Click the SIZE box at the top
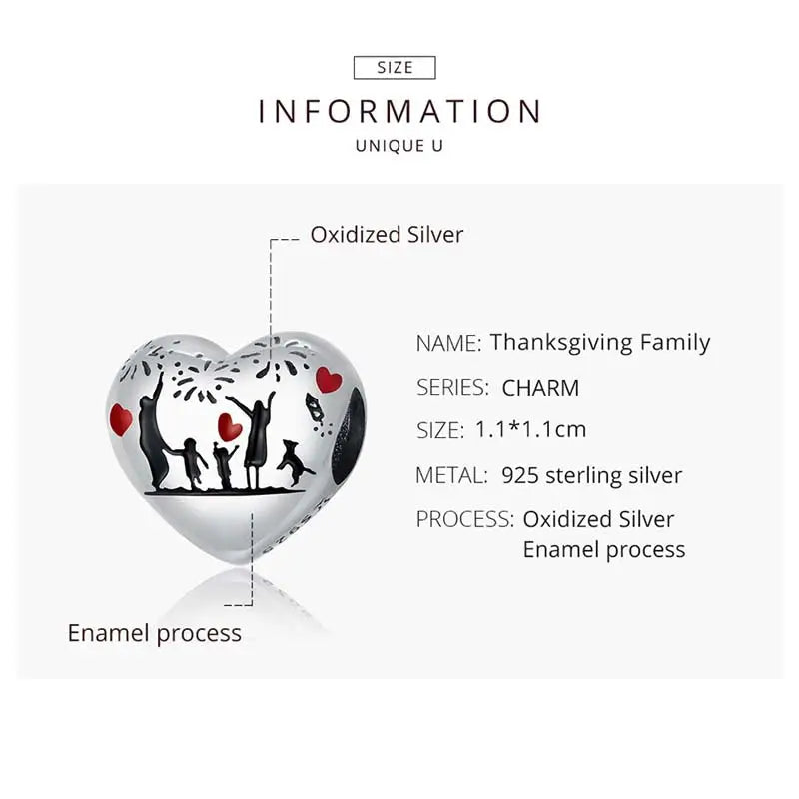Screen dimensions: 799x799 [x=396, y=68]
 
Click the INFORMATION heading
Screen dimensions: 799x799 [x=399, y=110]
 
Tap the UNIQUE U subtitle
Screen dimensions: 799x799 [x=399, y=146]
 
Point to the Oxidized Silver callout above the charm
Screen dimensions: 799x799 [x=387, y=235]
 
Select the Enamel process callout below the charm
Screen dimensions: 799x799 [x=155, y=633]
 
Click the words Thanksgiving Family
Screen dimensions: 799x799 [x=600, y=342]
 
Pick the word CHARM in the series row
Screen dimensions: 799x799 [x=540, y=388]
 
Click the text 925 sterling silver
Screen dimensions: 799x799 [x=592, y=475]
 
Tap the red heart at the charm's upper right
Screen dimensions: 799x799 [x=329, y=379]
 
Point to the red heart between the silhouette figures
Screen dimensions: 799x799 [x=230, y=427]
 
